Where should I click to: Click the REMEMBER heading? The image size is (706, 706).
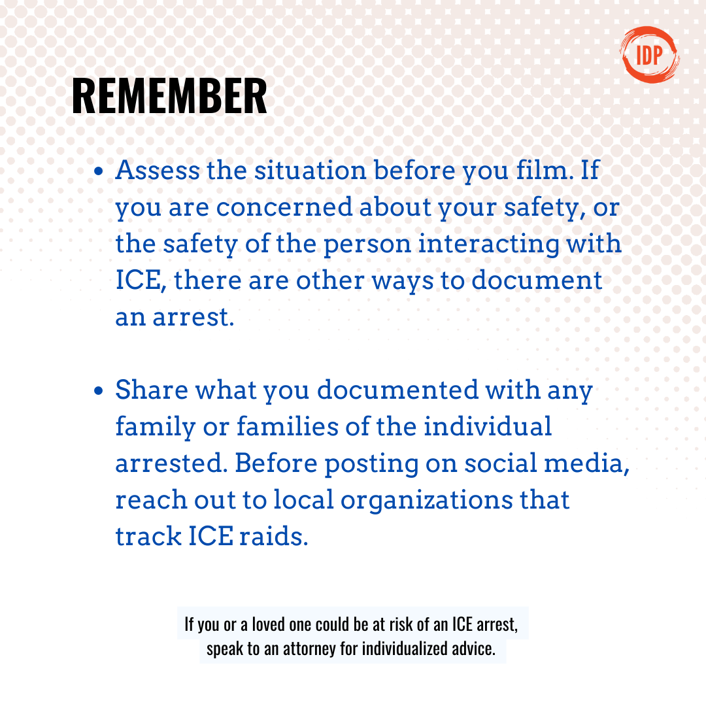[x=169, y=96]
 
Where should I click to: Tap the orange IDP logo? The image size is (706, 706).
[x=649, y=55]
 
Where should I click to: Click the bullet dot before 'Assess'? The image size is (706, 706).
[x=99, y=171]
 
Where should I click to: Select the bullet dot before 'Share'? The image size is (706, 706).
[x=99, y=390]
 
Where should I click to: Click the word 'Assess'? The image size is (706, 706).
[x=158, y=170]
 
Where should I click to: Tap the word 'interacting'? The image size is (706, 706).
[x=488, y=244]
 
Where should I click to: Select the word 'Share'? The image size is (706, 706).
[x=152, y=390]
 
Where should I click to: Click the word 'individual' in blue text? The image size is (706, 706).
[x=488, y=426]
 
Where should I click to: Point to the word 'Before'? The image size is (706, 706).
[x=276, y=463]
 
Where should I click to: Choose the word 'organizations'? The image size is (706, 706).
[x=426, y=501]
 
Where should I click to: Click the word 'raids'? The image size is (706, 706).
[x=273, y=536]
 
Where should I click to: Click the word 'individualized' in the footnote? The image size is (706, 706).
[x=405, y=649]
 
